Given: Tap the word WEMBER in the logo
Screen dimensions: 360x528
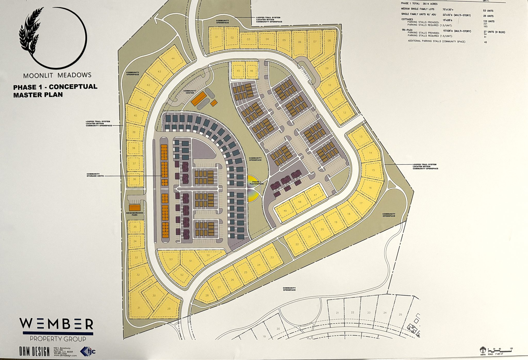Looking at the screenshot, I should pos(56,324).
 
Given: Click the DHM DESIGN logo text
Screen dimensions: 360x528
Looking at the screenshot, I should pos(34,351).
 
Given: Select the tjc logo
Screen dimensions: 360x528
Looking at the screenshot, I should pos(88,351).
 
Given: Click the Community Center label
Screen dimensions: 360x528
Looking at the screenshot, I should pos(189,92).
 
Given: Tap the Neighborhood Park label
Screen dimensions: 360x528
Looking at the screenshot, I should pos(135,214).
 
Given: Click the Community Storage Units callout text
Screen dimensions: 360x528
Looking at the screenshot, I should pos(95,175).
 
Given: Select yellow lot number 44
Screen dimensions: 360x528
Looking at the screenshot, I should pos(173,58).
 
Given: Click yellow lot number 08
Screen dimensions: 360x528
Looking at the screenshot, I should pos(329,41).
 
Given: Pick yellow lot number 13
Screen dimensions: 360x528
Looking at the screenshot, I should pos(361,137).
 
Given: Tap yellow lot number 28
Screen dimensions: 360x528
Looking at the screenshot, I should pos(207,295).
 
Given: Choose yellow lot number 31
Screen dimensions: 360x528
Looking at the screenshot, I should pos(139,307).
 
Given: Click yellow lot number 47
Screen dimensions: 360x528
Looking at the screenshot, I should pos(315,195).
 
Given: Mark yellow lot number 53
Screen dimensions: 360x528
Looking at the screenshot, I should pos(171,259).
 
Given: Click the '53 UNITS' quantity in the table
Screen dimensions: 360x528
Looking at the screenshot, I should pos(488,11).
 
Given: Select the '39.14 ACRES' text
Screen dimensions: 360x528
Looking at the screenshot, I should pos(430,4).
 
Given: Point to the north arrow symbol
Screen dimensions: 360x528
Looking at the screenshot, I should pos(483,350).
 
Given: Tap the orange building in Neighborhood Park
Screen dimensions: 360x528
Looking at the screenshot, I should pos(135,208).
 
